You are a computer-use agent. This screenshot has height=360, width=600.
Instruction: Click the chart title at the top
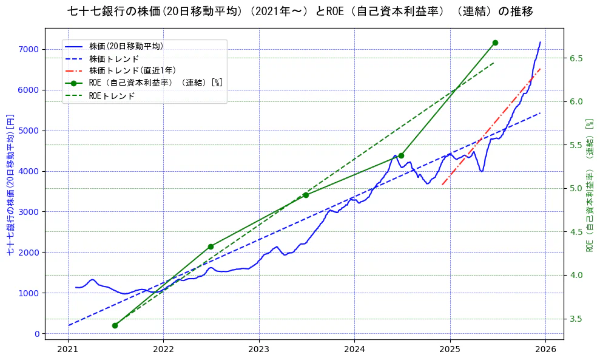coord(300,12)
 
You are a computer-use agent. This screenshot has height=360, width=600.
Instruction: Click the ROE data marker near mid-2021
coord(115,325)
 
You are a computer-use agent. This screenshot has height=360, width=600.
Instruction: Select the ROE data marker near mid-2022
coord(211,246)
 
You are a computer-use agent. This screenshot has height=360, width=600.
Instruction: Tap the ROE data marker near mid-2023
coord(306,195)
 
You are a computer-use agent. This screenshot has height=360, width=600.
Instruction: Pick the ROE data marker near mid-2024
coord(401,155)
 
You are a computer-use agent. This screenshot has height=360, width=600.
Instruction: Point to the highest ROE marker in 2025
coord(495,42)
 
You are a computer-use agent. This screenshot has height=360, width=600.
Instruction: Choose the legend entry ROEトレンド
coord(112,95)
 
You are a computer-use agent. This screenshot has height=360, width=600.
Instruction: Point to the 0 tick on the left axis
coord(37,334)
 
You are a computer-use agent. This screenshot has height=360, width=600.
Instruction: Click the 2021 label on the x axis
coord(67,349)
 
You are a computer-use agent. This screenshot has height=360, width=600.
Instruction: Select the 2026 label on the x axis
coord(545,349)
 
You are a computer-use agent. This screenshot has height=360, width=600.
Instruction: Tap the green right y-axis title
coord(588,185)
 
